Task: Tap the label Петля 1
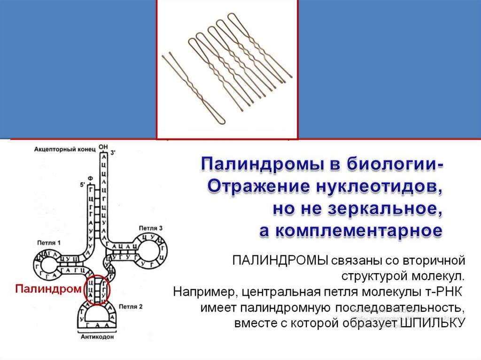click(x=49, y=243)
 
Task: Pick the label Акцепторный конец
click(x=64, y=149)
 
